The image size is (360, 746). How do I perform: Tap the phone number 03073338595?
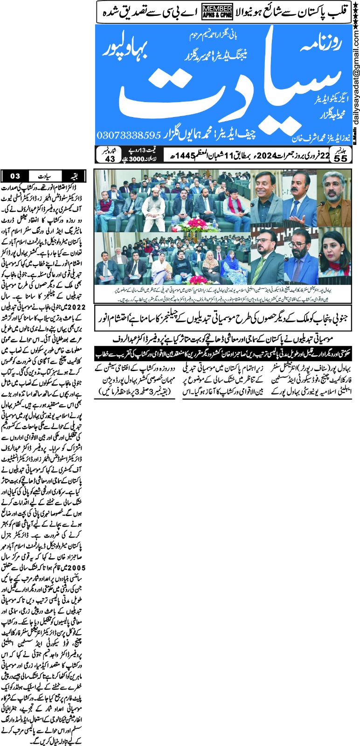coord(128,135)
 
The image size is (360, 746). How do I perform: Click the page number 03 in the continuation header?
coord(15,176)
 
